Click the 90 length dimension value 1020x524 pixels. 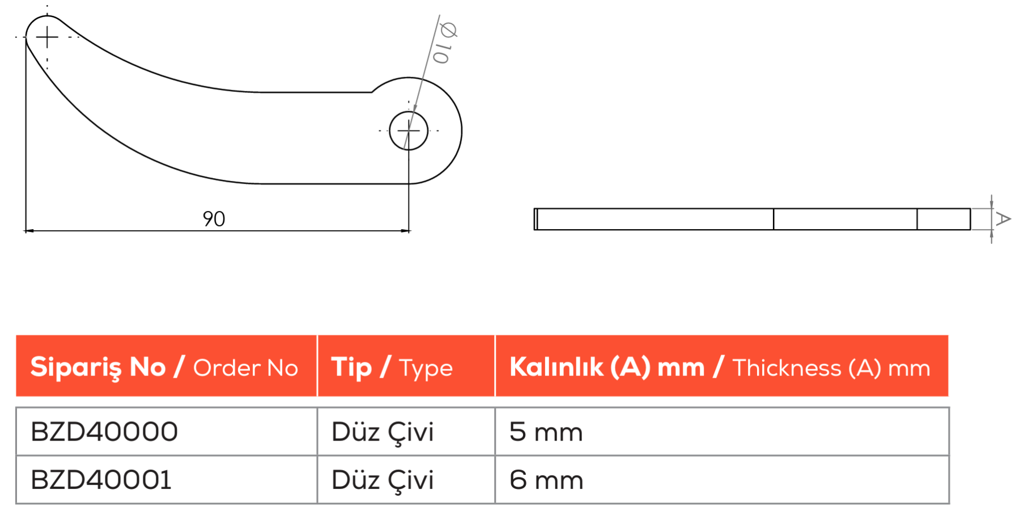tap(214, 219)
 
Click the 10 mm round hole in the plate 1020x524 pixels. tap(409, 130)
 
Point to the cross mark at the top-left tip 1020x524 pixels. tap(47, 37)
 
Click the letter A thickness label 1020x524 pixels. tap(1003, 219)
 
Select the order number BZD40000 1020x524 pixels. tap(104, 432)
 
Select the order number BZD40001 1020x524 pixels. tap(101, 480)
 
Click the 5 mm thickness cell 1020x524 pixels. tap(546, 432)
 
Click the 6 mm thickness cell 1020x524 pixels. tap(546, 480)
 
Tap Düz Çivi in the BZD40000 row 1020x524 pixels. tap(382, 432)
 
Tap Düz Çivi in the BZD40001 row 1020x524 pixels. tap(382, 480)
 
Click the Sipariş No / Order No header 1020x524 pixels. tap(164, 367)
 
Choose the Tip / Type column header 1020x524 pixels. tap(392, 367)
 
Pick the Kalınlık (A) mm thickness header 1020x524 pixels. tap(720, 367)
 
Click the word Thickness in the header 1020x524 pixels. tap(787, 368)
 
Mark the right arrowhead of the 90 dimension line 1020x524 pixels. tap(405, 231)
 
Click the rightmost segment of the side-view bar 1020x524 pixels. tap(943, 219)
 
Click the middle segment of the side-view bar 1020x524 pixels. tap(845, 219)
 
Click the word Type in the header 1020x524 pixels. tap(426, 369)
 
